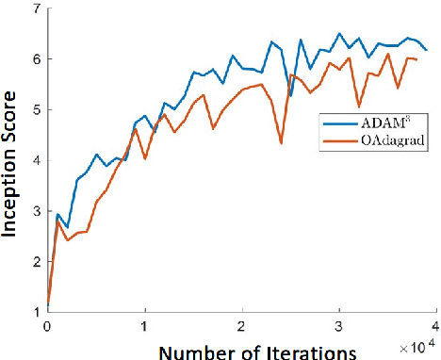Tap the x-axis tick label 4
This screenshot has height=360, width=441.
436,326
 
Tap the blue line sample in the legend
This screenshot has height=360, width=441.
336,122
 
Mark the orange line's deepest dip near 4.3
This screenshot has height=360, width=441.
281,143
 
